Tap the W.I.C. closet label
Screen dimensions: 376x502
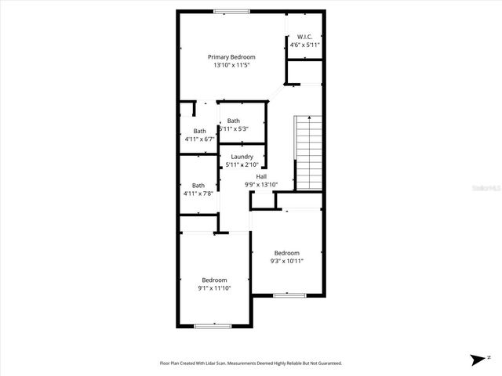[x=304, y=37]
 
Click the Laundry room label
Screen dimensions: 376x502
[x=242, y=157]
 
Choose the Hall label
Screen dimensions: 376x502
[x=261, y=176]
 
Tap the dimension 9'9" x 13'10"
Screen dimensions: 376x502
[x=261, y=185]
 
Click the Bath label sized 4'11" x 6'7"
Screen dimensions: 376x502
[x=200, y=131]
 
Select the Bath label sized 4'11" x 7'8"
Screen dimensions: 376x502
[x=198, y=185]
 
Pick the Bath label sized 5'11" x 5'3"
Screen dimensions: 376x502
[x=234, y=121]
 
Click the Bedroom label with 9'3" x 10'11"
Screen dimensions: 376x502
[x=286, y=252]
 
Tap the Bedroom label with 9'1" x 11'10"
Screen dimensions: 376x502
[x=214, y=280]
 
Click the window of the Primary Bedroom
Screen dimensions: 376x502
[x=231, y=11]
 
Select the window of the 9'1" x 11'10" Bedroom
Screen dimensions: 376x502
[x=213, y=325]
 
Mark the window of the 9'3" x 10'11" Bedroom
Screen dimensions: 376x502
[x=289, y=295]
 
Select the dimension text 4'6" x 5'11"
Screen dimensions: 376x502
[x=304, y=45]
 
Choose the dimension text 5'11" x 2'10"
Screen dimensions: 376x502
[x=242, y=165]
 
